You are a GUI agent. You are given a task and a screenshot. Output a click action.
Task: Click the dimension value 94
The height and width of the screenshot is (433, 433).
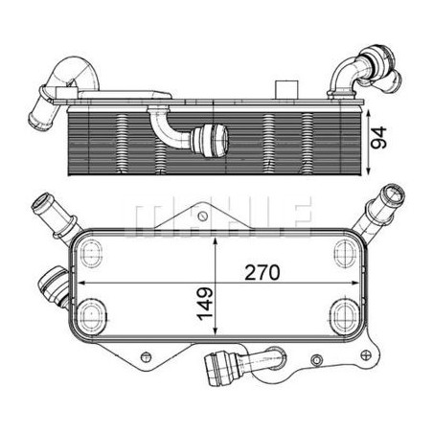pyautogui.click(x=379, y=138)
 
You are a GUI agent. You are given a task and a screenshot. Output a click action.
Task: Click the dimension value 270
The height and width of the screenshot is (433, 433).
pyautogui.click(x=262, y=273)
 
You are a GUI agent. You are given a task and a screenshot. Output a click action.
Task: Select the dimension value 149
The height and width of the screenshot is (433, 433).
pyautogui.click(x=205, y=304)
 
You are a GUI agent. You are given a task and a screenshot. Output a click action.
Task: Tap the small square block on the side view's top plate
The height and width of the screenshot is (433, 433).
pyautogui.click(x=286, y=90)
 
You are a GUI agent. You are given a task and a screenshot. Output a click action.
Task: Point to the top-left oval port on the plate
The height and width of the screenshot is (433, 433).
pyautogui.click(x=90, y=253)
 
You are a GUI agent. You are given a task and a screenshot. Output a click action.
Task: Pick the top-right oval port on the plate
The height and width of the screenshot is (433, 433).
pyautogui.click(x=346, y=253)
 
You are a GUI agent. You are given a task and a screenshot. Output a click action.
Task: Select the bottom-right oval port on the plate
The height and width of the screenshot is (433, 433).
pyautogui.click(x=346, y=313)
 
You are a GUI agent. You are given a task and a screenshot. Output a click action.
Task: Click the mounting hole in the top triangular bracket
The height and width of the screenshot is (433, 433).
pyautogui.click(x=202, y=216)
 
